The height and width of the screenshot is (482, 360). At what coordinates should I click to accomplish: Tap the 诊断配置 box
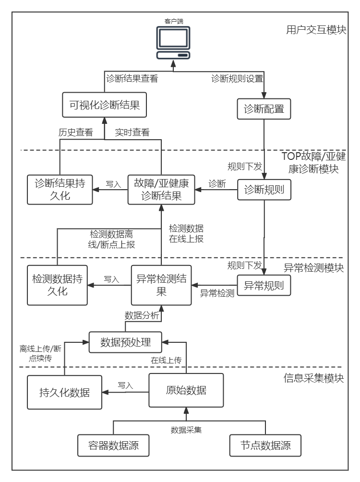(x=264, y=109)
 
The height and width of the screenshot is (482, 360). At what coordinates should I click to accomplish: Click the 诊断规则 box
(x=264, y=190)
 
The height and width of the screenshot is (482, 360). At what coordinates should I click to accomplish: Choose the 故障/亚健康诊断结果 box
(x=161, y=190)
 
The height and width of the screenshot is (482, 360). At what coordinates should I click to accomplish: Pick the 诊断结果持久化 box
(x=60, y=190)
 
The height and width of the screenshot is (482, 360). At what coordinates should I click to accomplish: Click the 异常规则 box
(x=264, y=286)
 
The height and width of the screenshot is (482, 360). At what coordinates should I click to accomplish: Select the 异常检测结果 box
(x=161, y=285)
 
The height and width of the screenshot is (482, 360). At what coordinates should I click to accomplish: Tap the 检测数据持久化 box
(x=57, y=285)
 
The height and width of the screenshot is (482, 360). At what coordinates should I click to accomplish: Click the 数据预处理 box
(x=125, y=342)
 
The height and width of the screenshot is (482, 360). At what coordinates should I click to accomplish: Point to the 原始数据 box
(x=186, y=390)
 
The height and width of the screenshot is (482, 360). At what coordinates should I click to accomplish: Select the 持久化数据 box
(x=64, y=392)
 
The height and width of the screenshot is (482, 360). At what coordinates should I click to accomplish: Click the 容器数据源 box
(x=114, y=445)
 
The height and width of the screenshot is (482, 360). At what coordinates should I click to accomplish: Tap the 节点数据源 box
(x=265, y=445)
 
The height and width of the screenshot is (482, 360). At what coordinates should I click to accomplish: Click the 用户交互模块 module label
(x=315, y=30)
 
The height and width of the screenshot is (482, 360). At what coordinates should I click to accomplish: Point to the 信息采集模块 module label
(x=314, y=378)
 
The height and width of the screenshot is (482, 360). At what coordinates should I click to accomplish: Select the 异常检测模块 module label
(x=314, y=268)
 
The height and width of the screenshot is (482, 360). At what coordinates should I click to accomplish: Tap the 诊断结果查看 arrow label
(x=132, y=79)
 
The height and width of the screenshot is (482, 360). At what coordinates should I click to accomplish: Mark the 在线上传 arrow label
(x=166, y=360)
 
